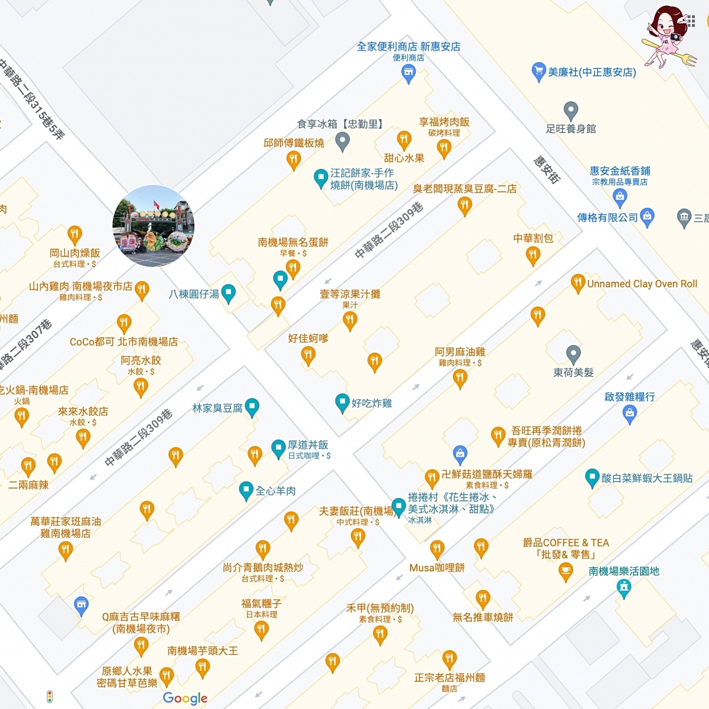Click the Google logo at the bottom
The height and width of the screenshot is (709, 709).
click(x=185, y=698)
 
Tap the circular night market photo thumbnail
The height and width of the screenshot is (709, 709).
click(x=154, y=226)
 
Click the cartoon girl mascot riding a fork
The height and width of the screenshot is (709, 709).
click(x=668, y=35)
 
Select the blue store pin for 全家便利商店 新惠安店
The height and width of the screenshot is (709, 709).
click(x=408, y=73)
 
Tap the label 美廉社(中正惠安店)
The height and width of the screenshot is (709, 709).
click(x=591, y=72)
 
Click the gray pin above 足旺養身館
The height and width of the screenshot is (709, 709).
click(x=570, y=110)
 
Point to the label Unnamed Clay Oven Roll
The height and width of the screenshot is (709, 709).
click(x=642, y=284)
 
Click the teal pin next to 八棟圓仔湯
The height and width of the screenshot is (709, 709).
click(x=228, y=293)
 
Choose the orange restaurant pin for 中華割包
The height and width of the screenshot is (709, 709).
click(x=533, y=255)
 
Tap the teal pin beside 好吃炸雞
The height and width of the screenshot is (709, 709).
click(x=342, y=403)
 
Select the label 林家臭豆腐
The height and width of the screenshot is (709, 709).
click(x=217, y=408)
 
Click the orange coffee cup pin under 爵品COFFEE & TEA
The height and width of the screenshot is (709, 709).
click(x=565, y=571)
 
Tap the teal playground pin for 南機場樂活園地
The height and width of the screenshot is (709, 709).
click(x=623, y=588)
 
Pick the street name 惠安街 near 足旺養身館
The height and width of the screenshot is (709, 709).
click(x=547, y=170)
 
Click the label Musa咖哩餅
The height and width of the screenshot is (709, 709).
click(x=437, y=567)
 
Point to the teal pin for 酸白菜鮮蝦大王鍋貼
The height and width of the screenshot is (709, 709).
click(x=592, y=478)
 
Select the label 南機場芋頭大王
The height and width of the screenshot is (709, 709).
click(x=203, y=651)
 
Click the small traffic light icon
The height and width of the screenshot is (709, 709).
click(x=50, y=697)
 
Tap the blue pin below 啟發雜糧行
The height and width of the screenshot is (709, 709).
click(x=629, y=414)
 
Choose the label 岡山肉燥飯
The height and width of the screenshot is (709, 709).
click(x=74, y=253)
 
